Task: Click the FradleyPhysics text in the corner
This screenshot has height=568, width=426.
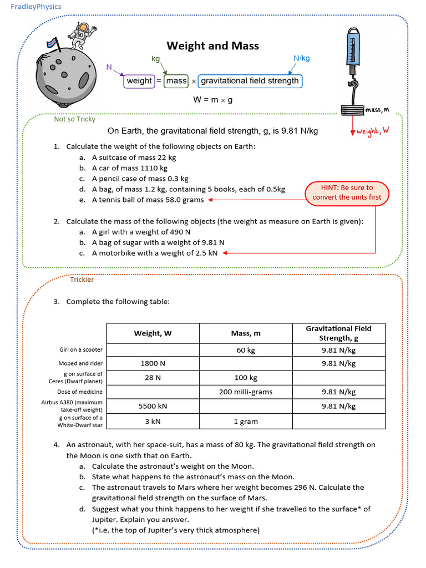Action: tap(35, 7)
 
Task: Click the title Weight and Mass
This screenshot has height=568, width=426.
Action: tap(213, 45)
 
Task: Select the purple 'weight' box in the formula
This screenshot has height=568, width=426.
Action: tap(139, 81)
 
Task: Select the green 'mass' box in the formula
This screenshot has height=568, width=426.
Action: tap(176, 81)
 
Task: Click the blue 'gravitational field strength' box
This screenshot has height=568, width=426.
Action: tap(250, 81)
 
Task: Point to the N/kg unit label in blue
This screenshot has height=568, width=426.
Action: tap(301, 58)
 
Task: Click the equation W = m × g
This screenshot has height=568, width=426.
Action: tap(213, 100)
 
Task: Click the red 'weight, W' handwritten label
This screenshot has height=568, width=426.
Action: tap(372, 131)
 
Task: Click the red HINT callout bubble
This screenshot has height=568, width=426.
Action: tap(347, 192)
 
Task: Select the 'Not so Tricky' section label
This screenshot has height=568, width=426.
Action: tap(74, 119)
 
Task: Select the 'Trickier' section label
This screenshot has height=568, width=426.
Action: tap(82, 280)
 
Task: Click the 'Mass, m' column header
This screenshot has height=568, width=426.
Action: tap(245, 333)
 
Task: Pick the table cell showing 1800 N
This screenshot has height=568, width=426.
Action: tap(153, 364)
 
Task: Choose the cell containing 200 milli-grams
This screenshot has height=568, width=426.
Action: tap(245, 392)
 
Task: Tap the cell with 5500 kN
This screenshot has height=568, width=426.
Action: tap(153, 406)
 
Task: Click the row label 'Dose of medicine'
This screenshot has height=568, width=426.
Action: tap(80, 392)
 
